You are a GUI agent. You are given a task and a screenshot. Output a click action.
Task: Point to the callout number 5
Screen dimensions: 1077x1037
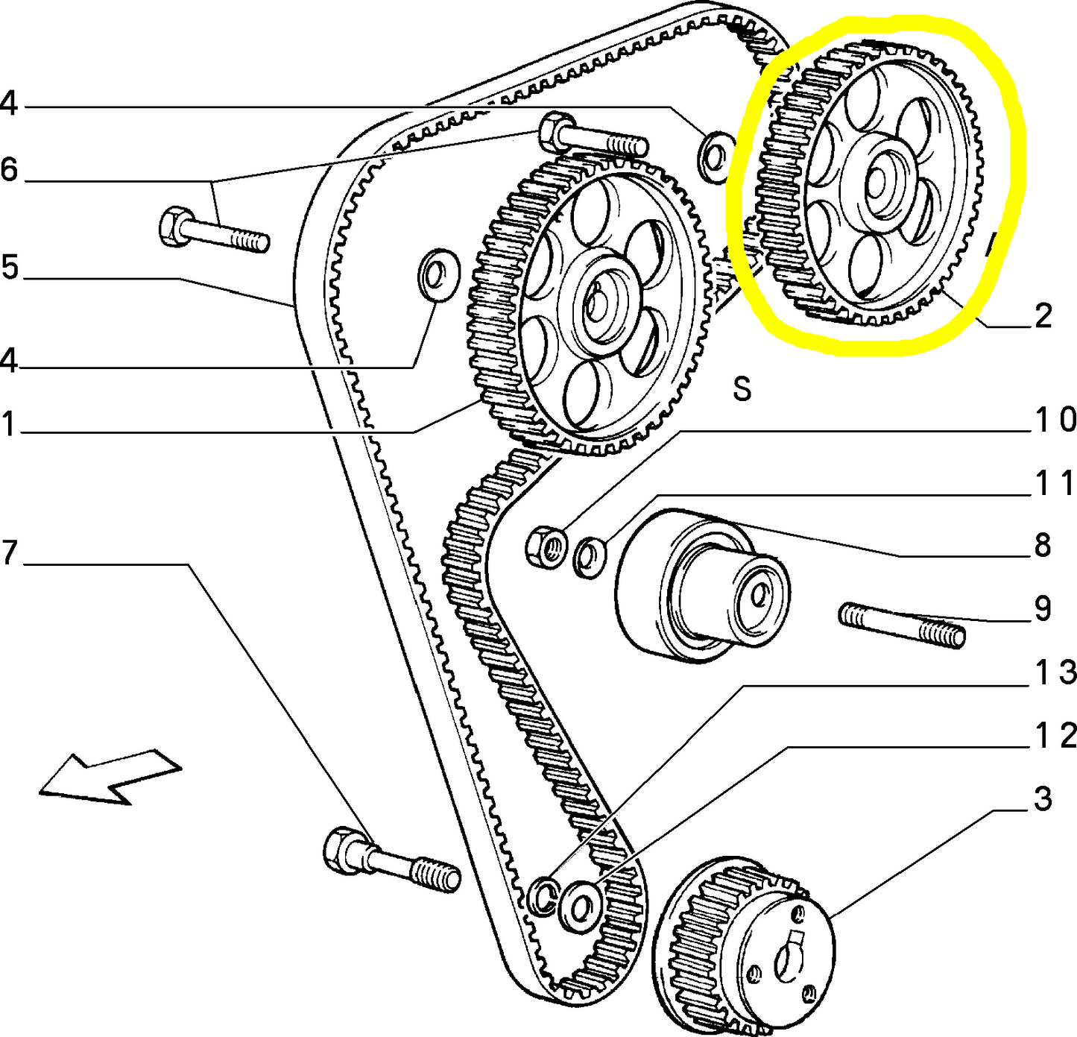tap(10, 268)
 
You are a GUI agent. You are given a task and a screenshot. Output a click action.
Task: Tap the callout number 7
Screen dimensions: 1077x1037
tap(10, 552)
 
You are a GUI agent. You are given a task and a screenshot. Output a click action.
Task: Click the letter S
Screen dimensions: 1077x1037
tap(742, 388)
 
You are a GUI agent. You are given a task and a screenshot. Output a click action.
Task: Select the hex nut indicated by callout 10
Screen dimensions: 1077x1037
tap(546, 547)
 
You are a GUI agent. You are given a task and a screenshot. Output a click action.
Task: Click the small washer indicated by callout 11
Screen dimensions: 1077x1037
tap(590, 556)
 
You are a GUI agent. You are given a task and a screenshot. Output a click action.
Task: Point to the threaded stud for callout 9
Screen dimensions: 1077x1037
tap(902, 625)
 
